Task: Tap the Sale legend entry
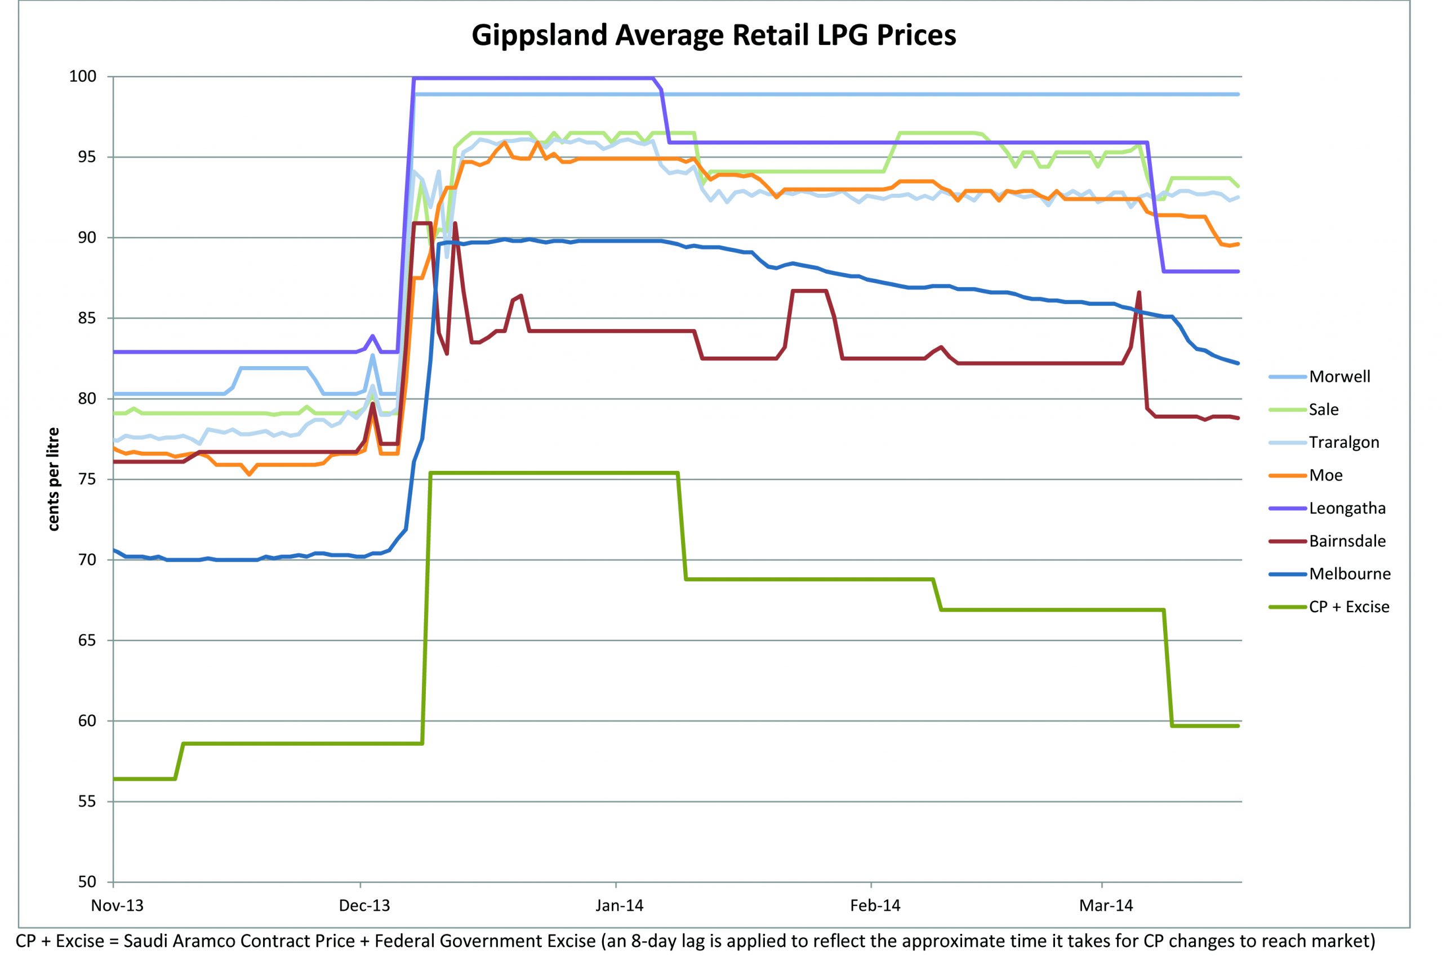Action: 1324,409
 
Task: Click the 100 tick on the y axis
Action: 84,77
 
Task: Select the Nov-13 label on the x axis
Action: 117,905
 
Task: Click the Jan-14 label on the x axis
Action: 620,905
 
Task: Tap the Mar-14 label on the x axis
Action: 1106,905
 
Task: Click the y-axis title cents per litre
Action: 54,479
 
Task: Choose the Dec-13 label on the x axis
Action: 364,905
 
